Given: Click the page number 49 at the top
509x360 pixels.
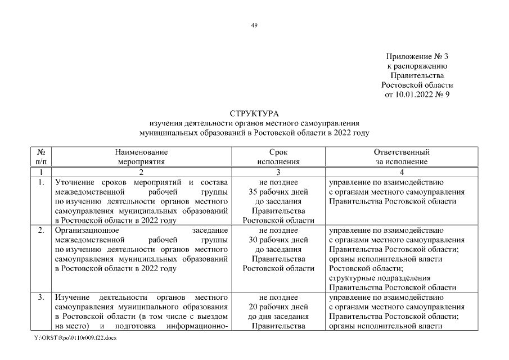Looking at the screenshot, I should point(254,25).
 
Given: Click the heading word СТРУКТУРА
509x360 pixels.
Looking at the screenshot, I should point(254,114).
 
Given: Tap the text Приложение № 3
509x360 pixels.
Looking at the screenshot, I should point(417,57).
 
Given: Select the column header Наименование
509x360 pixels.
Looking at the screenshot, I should point(141,152).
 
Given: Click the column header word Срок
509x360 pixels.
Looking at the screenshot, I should point(278,152).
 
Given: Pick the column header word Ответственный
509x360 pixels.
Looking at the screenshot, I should point(402,152).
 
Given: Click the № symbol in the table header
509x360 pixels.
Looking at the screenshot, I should point(41,152).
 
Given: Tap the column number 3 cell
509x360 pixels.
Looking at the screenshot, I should point(278,172).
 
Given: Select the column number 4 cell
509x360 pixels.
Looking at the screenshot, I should point(402,172).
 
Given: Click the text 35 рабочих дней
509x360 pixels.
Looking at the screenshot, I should point(278,192).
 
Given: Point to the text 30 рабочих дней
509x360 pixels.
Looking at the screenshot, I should point(278,240).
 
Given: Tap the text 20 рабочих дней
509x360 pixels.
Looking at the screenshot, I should point(278,307).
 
